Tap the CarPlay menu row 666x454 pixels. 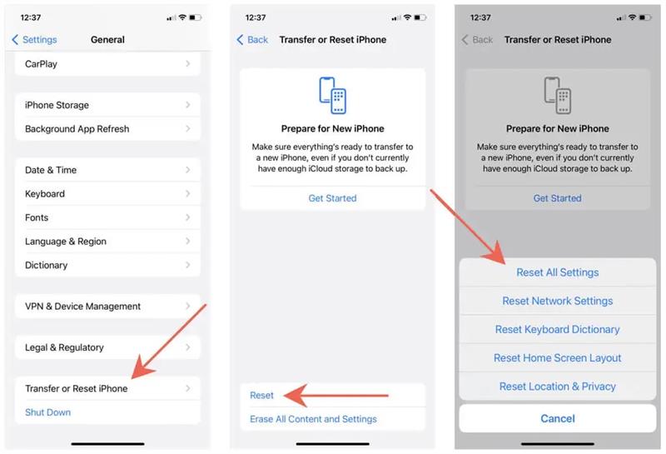click(x=107, y=64)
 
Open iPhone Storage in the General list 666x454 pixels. click(x=107, y=105)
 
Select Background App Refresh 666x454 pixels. click(x=107, y=129)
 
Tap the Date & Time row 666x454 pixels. click(x=107, y=170)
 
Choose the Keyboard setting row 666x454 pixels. click(x=107, y=194)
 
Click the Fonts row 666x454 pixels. click(x=107, y=217)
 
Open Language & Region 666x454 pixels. click(x=107, y=242)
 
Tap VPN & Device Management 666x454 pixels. click(x=107, y=306)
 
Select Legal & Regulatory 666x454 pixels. click(x=107, y=347)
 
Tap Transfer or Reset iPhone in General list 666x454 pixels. click(x=107, y=388)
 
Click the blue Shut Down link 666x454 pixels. click(x=48, y=412)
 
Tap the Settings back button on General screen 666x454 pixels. click(x=34, y=39)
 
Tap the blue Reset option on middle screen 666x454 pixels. click(x=261, y=396)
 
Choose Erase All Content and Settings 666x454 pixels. click(x=313, y=419)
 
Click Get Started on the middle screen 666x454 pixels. click(x=332, y=198)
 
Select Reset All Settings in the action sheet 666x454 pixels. click(x=557, y=272)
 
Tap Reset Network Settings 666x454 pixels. click(x=557, y=301)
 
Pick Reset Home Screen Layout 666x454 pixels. click(x=557, y=358)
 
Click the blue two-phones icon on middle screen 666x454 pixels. click(x=332, y=95)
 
